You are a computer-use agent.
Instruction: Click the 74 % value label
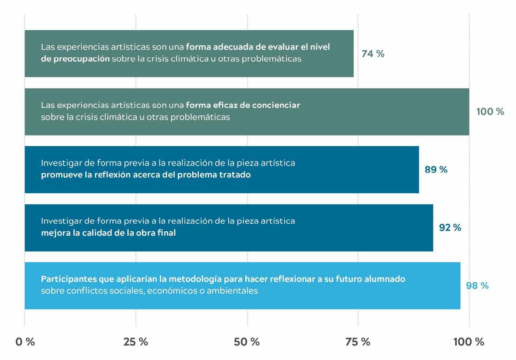373,54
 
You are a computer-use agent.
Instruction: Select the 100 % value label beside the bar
490,112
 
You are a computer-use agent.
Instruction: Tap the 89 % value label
436,170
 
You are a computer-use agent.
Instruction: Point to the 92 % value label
450,228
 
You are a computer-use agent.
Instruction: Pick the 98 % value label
477,286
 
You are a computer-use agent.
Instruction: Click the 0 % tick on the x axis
25,342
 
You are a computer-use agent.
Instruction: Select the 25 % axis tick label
135,342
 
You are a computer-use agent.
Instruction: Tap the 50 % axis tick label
247,342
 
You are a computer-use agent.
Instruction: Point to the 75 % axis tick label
358,342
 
